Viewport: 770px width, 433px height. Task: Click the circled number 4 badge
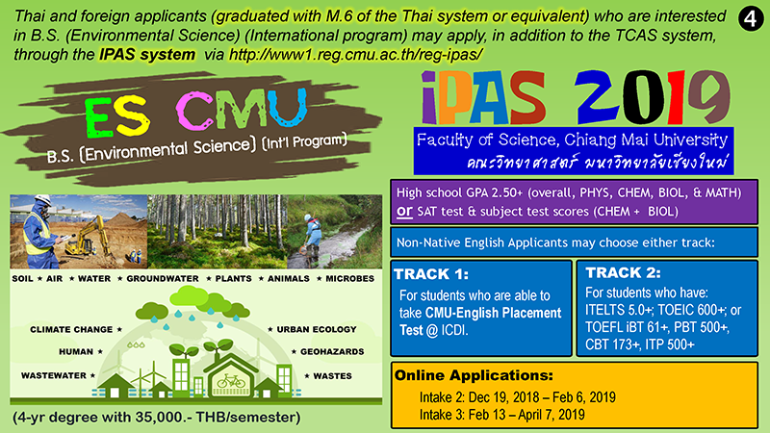[751, 19]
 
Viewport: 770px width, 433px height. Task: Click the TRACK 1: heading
[431, 274]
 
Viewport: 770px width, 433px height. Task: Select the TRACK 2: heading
[623, 273]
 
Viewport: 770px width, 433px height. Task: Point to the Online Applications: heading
[474, 375]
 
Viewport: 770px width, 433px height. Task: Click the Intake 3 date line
[501, 415]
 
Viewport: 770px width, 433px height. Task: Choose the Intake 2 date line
[518, 397]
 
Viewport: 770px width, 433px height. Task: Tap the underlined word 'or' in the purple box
[404, 211]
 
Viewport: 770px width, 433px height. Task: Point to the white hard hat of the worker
[42, 200]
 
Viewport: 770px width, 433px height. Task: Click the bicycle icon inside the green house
[231, 381]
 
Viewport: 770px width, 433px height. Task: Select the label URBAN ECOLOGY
[317, 329]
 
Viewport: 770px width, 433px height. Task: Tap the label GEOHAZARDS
[332, 352]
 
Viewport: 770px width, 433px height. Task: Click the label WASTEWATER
[54, 375]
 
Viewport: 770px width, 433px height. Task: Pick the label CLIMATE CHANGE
[71, 329]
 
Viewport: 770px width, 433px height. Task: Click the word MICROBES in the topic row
[349, 278]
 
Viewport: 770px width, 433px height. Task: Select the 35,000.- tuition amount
[164, 418]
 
